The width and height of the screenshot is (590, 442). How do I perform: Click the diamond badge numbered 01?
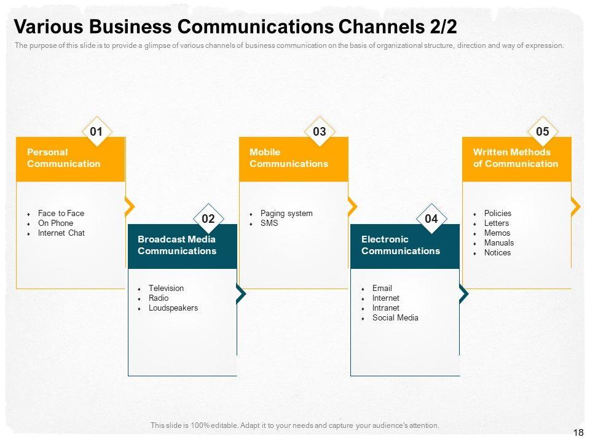(x=96, y=131)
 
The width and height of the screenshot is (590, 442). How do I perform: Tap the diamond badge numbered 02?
(x=208, y=219)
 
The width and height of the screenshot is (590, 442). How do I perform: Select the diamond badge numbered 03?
(x=320, y=131)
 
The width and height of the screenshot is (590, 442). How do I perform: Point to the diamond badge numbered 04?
(x=431, y=219)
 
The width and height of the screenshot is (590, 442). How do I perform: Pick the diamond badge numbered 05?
(x=543, y=131)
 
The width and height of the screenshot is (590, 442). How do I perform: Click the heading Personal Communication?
(x=63, y=158)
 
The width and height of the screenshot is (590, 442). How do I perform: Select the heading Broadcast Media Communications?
(x=177, y=245)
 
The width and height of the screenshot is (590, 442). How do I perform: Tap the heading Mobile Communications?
(x=289, y=158)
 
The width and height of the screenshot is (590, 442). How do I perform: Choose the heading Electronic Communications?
(x=401, y=245)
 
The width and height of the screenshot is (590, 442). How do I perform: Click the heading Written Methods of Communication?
(x=515, y=158)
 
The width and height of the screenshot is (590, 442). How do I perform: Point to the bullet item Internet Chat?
(x=61, y=233)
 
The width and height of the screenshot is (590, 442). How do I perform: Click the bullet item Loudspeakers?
(x=173, y=308)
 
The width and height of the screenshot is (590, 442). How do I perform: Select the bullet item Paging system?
(x=286, y=214)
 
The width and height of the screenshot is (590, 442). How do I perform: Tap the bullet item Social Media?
(x=395, y=318)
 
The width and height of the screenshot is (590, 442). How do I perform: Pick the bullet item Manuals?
(x=499, y=243)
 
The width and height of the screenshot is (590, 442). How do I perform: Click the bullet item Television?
(x=166, y=289)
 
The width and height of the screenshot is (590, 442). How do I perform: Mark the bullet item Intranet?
(x=386, y=308)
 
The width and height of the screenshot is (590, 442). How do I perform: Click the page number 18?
(x=578, y=433)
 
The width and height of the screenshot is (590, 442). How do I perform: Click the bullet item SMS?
(x=269, y=223)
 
